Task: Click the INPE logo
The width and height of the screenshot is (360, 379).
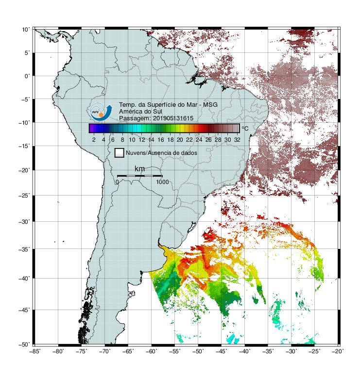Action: pos(101,112)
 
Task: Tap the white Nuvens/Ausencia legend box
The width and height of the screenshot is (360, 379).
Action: pos(120,153)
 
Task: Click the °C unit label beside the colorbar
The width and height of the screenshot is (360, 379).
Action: pos(245,128)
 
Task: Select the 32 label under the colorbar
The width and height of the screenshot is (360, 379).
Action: pos(237,140)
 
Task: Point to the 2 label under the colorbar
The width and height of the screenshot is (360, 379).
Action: pos(94,140)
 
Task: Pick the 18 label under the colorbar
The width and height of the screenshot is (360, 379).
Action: pos(171,140)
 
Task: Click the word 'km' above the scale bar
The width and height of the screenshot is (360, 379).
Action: pos(139,168)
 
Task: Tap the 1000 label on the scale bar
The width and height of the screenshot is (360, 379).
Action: pos(162,182)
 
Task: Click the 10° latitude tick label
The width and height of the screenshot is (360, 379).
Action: pos(26,30)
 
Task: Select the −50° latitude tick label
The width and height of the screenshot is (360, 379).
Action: pos(24,345)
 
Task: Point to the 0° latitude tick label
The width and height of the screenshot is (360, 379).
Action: pos(27,76)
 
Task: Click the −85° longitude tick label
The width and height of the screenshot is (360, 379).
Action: pos(34,351)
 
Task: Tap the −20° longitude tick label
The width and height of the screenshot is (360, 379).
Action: pos(338,351)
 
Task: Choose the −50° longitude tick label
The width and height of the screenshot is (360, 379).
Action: pos(198,351)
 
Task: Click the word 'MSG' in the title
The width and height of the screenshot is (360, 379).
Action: pos(210,105)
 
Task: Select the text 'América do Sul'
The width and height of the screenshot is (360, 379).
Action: pos(140,112)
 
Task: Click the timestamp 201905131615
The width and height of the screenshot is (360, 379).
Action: pos(173,118)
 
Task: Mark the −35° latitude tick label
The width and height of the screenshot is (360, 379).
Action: pos(24,249)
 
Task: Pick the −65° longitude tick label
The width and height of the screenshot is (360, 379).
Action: pos(128,351)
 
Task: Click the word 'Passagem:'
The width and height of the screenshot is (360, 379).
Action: pos(135,118)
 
